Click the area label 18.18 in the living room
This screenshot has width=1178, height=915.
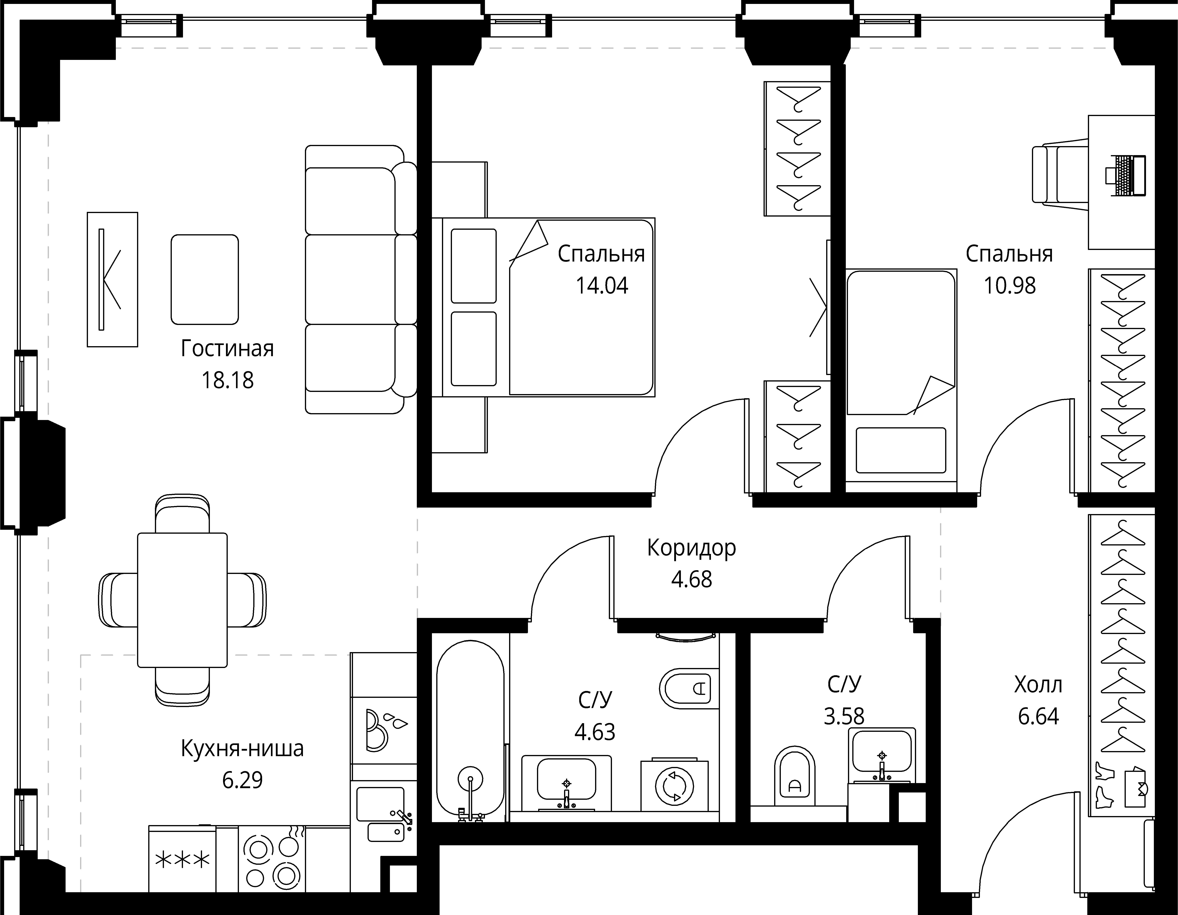(x=227, y=380)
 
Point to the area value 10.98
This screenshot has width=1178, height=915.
(x=1010, y=285)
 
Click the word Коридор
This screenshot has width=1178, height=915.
(x=691, y=548)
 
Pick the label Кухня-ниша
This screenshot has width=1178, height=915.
(x=242, y=749)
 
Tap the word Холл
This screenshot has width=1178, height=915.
(x=1038, y=685)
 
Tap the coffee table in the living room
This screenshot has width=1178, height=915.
(x=204, y=279)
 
